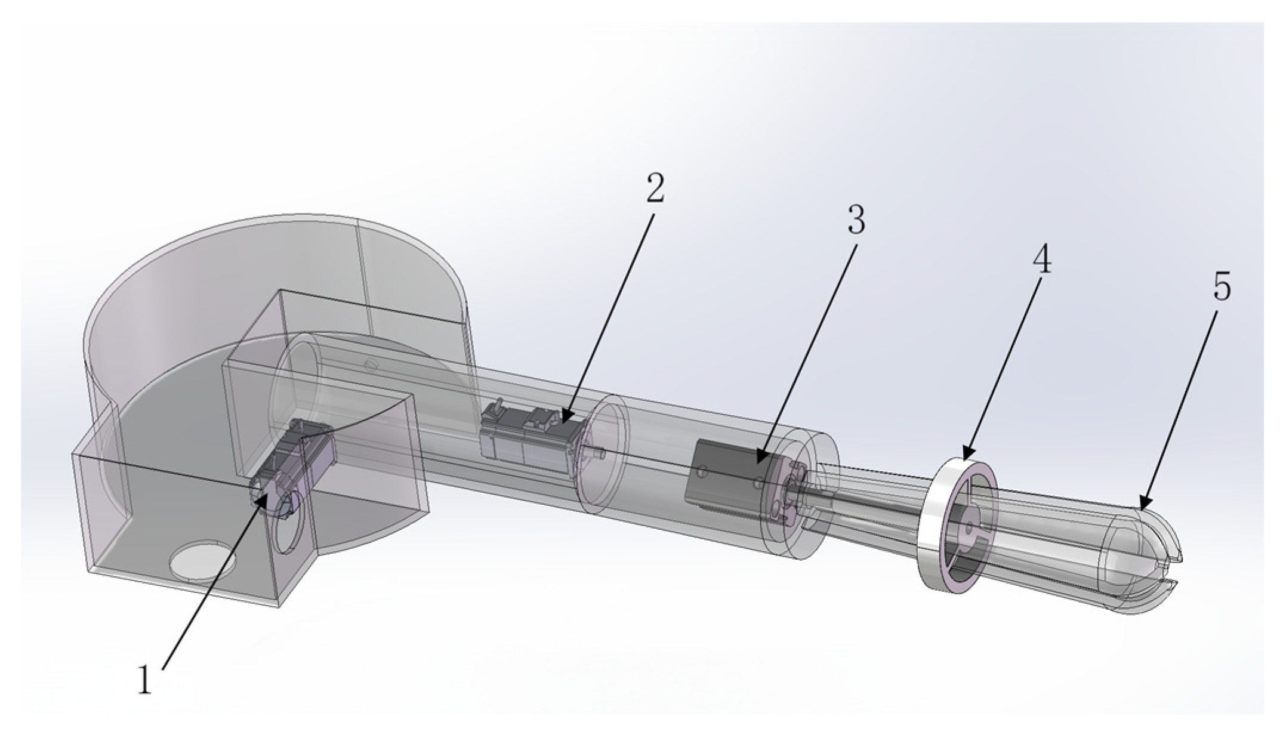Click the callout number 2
click(655, 189)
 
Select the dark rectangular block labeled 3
click(725, 477)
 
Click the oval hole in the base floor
click(203, 561)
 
